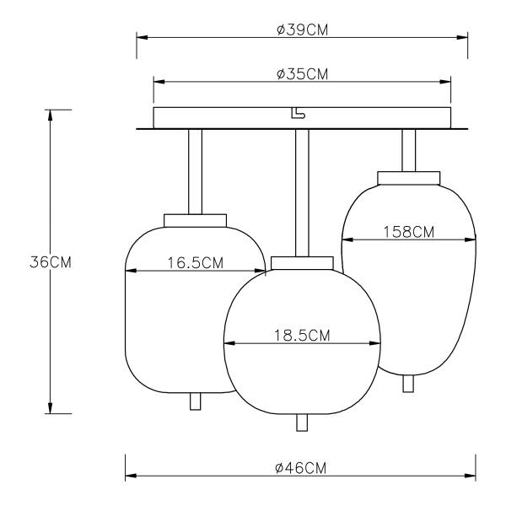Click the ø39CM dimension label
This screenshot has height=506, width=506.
(x=302, y=30)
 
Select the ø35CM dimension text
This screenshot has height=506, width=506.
(x=302, y=74)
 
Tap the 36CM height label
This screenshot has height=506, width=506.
(x=51, y=262)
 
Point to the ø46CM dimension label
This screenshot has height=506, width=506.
(x=301, y=468)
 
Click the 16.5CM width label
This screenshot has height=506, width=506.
(x=196, y=263)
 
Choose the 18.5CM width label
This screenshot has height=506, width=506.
(x=302, y=336)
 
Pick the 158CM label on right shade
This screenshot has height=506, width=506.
(x=408, y=232)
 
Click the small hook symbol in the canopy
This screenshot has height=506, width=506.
(x=298, y=113)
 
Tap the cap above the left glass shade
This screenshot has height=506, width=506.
(x=196, y=221)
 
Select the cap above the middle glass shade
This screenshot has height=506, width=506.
(x=302, y=263)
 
